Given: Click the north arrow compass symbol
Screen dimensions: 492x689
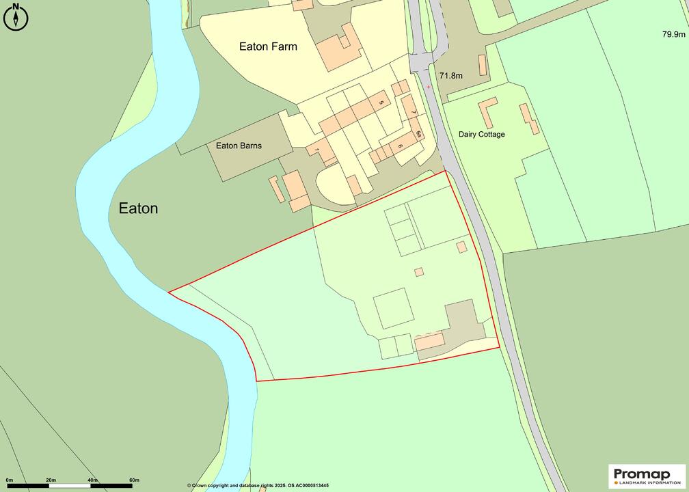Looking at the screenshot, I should coord(15,16).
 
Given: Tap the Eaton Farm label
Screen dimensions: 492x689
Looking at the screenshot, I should coord(268,46).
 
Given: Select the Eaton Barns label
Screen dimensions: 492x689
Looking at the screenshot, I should coord(239,146).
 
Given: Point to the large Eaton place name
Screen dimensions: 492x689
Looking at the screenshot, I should coord(138,208).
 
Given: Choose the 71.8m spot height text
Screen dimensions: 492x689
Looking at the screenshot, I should coord(451,76).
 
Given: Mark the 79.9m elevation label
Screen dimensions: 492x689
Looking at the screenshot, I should coord(673,33).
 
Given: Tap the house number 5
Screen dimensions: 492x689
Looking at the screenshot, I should coord(381,102).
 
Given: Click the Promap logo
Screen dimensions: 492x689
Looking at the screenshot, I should coord(647,476).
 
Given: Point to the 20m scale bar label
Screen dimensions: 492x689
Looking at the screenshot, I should coord(51,480).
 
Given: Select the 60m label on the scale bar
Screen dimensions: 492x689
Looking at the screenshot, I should coord(134,480).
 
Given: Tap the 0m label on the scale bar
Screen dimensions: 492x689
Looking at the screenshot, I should coord(9,480).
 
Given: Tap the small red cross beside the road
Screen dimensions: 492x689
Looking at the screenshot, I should coord(429,87).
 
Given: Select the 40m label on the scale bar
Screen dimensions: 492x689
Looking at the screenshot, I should coord(92,480).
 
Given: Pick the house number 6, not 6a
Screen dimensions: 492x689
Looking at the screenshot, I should coord(401,146).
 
